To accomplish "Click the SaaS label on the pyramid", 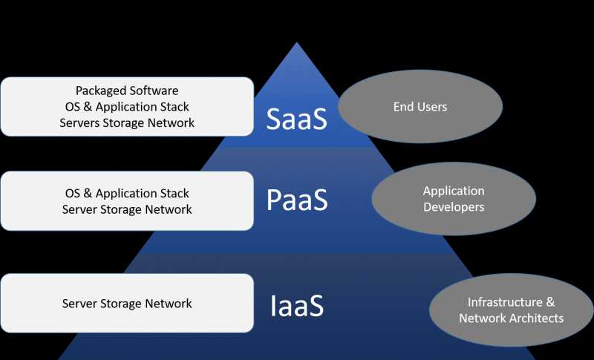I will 297,118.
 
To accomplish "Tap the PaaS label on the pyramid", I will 297,201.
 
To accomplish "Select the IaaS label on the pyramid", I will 297,305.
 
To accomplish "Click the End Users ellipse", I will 420,108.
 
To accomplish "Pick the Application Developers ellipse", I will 454,199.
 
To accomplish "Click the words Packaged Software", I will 127,91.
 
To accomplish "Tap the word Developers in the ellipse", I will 454,207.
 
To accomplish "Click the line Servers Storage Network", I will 127,123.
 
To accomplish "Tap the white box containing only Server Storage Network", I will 127,304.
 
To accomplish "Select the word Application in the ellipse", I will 454,191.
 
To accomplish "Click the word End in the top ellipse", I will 402,107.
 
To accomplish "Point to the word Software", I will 154,91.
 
